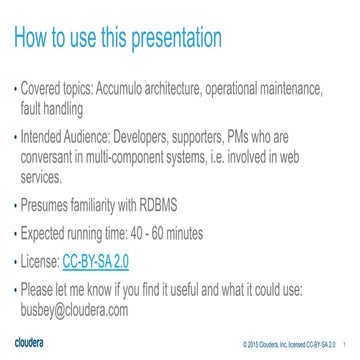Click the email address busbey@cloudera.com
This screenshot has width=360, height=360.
pos(75,311)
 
